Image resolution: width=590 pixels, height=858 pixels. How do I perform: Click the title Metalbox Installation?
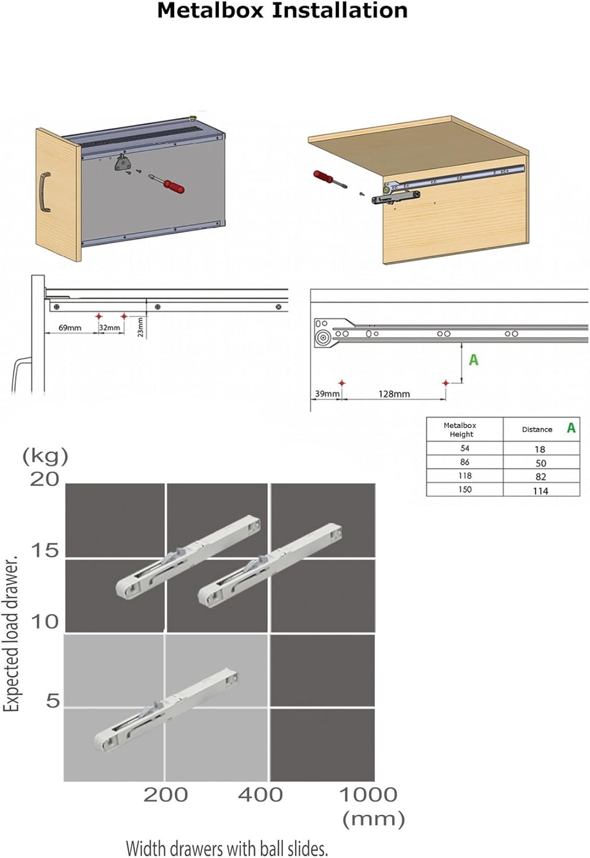pos(282,11)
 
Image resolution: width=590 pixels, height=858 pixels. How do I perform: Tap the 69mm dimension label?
pos(70,328)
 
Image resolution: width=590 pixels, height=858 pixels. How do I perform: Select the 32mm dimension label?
pos(109,328)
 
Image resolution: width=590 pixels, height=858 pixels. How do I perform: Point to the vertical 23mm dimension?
pos(141,327)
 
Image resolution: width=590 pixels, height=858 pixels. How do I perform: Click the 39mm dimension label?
pos(327,394)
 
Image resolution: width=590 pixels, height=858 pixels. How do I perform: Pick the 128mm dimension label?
pos(394,394)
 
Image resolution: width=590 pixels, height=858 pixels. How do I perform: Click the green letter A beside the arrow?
pos(473,360)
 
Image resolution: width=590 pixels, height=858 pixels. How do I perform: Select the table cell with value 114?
pos(540,491)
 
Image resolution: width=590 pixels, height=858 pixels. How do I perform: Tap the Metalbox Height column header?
pos(460,430)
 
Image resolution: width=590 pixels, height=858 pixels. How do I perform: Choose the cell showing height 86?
pos(465,462)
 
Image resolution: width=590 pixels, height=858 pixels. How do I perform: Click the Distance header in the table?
pos(537,430)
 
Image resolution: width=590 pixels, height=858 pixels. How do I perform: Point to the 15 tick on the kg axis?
pos(45,551)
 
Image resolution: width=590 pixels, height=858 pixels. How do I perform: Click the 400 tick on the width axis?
pos(260,795)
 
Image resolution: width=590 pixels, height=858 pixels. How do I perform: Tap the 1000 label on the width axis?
pos(368,795)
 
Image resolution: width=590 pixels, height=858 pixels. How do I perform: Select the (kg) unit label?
pos(45,456)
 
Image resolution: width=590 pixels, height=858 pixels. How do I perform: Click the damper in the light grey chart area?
pos(166,709)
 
